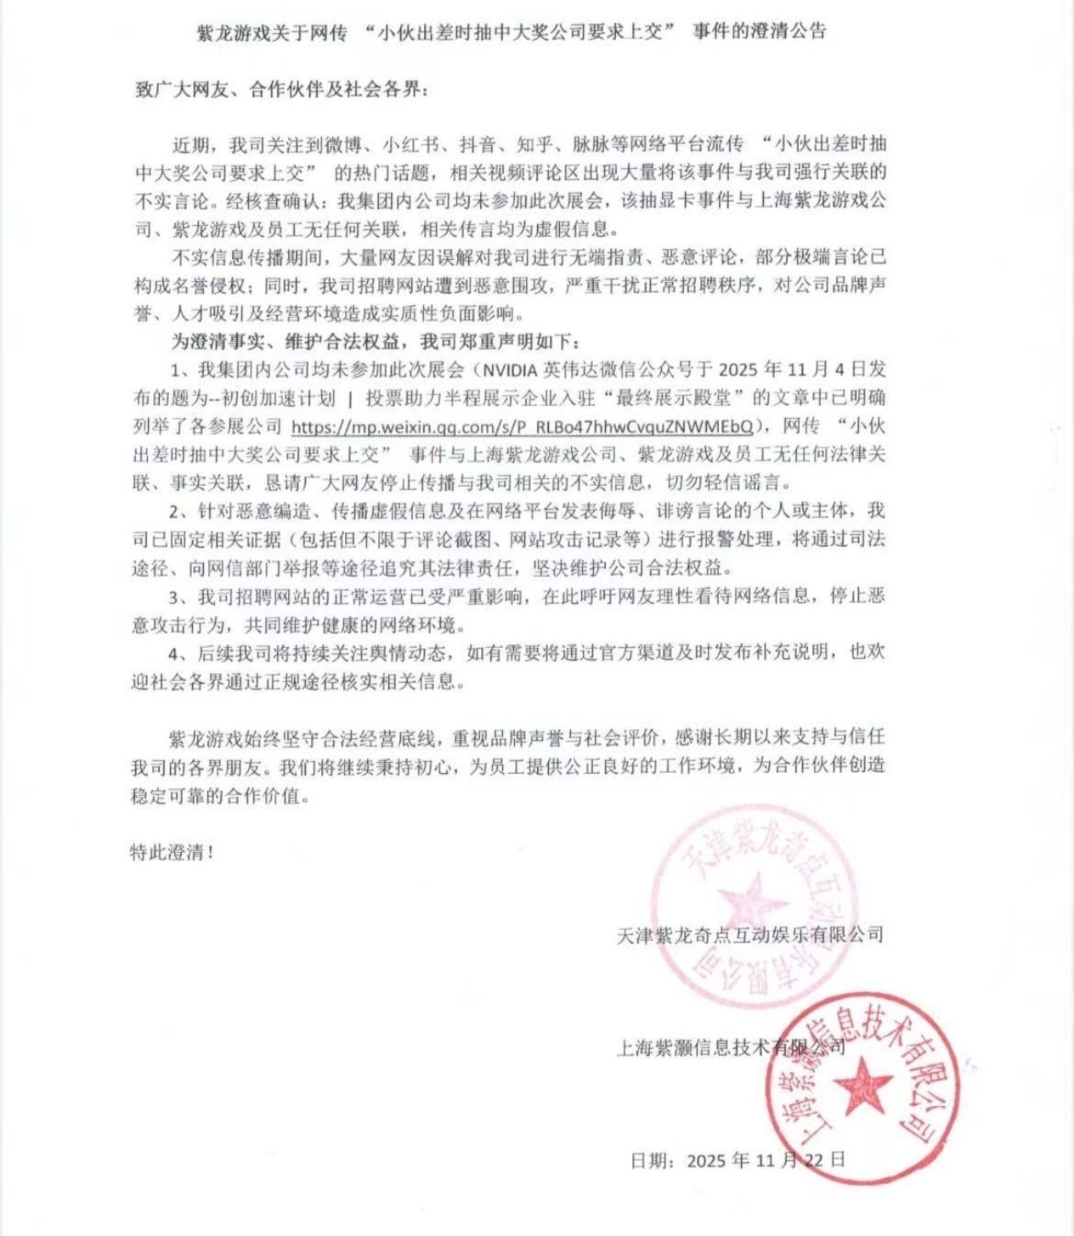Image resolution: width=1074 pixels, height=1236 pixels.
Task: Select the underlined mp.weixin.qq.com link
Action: (x=522, y=425)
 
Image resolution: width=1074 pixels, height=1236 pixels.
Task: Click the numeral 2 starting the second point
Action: (x=176, y=511)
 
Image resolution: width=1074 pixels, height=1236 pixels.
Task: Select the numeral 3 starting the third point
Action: (x=176, y=595)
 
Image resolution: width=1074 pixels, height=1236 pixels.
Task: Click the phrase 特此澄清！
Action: (x=171, y=852)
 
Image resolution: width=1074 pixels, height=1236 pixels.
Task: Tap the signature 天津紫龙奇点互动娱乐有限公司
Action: (x=749, y=935)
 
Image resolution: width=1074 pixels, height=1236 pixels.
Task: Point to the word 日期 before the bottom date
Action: (x=651, y=1160)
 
